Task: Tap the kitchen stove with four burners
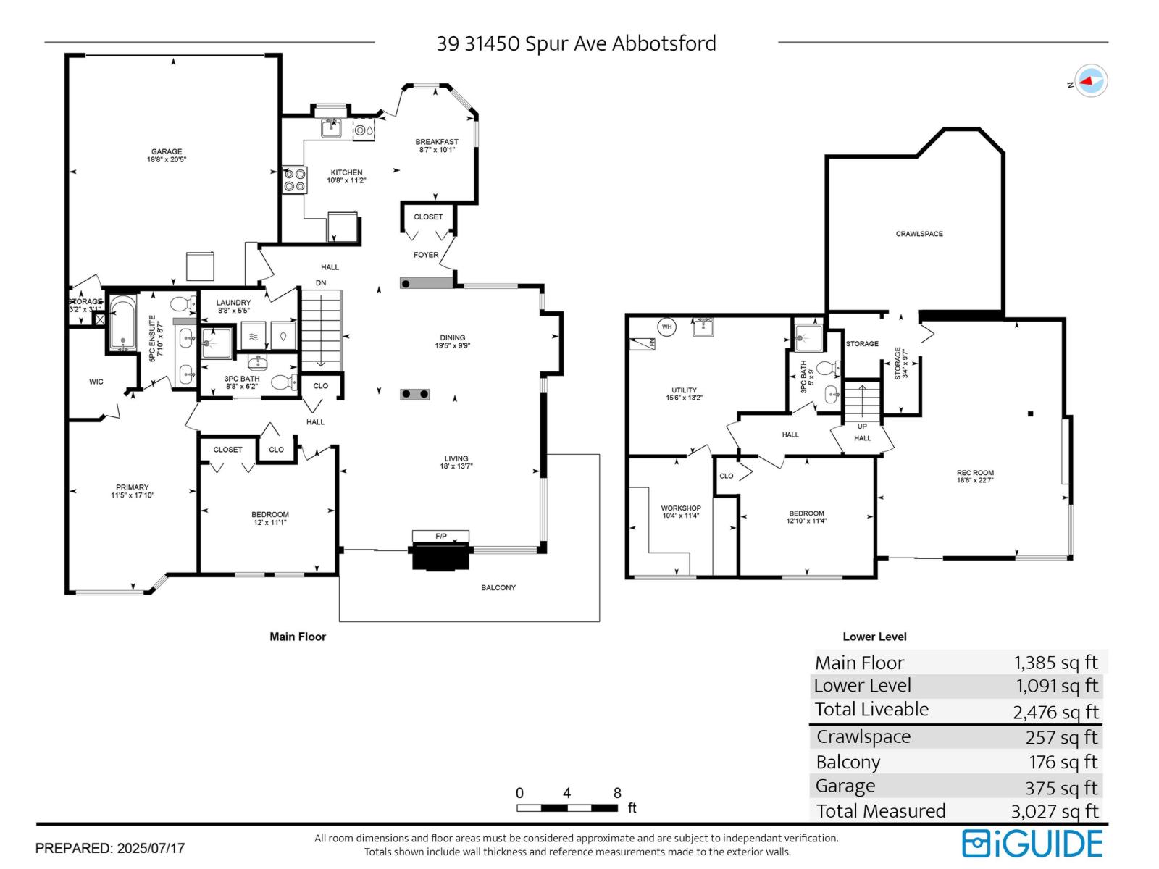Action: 294,180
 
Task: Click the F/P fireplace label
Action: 441,536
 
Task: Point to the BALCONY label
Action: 498,587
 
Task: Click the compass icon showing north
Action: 1090,81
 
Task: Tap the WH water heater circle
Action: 666,327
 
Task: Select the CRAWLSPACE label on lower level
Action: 919,234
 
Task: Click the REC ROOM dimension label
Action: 975,476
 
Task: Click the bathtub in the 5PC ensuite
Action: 123,323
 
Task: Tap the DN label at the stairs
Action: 321,282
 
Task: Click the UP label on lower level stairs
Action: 862,427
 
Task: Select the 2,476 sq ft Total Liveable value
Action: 1055,712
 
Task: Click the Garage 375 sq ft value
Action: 1061,787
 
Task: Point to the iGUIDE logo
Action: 1032,844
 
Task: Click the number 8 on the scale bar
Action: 617,793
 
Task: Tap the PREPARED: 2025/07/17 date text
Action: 110,848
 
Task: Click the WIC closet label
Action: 96,382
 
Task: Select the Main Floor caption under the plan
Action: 298,637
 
